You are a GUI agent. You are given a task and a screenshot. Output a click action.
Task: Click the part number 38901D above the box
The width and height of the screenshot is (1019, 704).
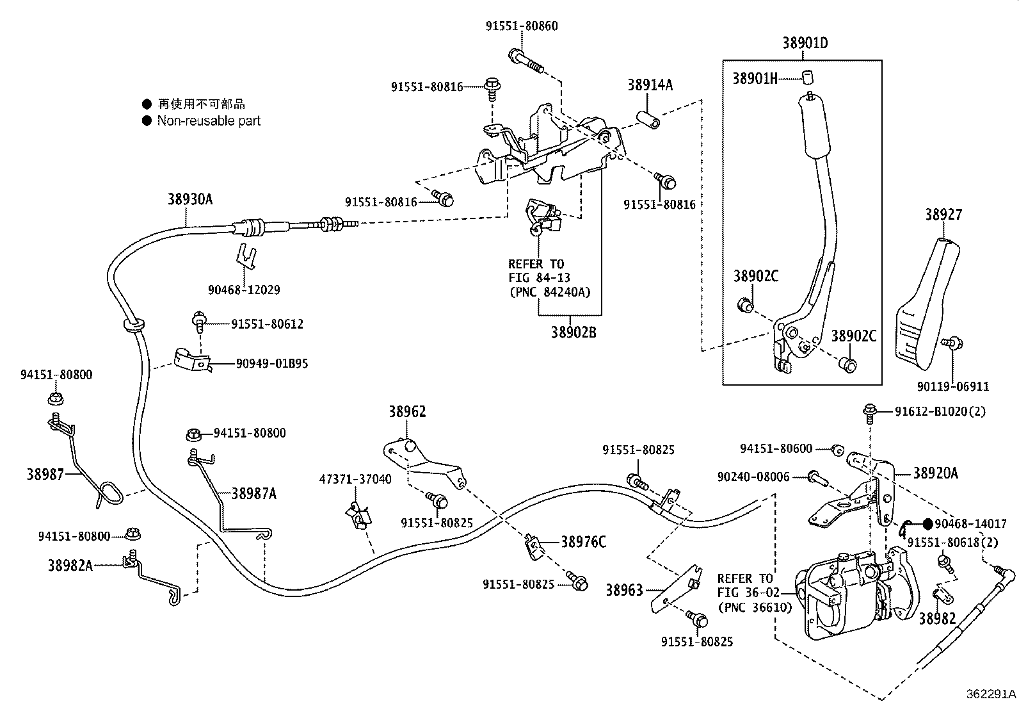(805, 44)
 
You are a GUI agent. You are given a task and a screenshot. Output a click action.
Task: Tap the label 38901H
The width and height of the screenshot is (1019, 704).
(755, 78)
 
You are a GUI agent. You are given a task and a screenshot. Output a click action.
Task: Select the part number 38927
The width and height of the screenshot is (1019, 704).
(943, 215)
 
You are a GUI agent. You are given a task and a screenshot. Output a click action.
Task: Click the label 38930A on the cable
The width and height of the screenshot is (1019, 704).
(190, 199)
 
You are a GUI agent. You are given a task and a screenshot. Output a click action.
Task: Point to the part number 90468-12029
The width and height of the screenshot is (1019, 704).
(244, 290)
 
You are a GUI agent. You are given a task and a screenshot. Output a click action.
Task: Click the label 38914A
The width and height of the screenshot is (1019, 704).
(650, 85)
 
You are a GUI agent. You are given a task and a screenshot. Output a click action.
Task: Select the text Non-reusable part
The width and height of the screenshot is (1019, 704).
(209, 120)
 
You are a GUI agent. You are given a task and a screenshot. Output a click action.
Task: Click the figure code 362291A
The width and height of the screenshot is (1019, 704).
(991, 694)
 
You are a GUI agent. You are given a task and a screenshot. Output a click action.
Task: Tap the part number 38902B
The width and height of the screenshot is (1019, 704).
(574, 333)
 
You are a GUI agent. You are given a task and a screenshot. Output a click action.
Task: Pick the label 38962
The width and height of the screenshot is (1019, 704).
(407, 412)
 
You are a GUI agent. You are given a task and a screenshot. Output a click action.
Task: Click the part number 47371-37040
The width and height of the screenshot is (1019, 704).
(356, 479)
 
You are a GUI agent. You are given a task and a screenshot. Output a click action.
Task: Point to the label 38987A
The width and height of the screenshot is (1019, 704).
(254, 493)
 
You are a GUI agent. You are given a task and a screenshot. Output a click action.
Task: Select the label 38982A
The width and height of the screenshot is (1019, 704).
(70, 565)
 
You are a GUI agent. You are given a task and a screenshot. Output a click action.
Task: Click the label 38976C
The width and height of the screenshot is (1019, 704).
(583, 542)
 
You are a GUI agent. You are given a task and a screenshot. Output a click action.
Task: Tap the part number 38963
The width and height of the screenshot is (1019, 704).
(624, 590)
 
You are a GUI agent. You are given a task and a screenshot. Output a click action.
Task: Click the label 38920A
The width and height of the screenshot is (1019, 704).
(935, 473)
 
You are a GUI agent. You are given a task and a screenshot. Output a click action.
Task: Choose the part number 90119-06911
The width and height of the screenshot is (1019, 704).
(952, 386)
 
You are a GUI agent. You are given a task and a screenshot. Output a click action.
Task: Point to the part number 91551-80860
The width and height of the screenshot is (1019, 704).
(521, 26)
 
